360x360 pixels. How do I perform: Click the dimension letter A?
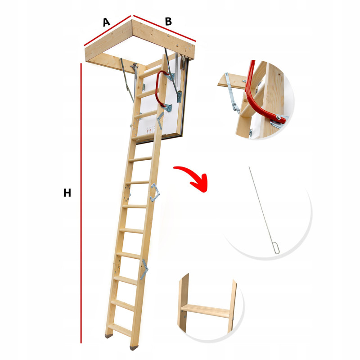coord(106,22)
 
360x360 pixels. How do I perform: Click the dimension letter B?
coord(168,21)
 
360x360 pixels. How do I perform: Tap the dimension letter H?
coord(67,193)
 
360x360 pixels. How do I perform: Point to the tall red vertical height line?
coord(81,203)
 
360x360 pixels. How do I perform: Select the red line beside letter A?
coord(107,31)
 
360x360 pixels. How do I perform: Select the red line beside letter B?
coord(164,28)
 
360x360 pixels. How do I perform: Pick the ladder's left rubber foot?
coord(108,336)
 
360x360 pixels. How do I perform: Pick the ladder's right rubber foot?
coord(134,348)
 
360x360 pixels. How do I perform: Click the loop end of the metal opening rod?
coord(277,248)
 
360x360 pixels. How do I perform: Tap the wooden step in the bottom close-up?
coord(206,310)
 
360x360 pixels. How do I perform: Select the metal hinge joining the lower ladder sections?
coord(144,270)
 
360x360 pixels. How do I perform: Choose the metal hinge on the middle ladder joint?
coord(155,193)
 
